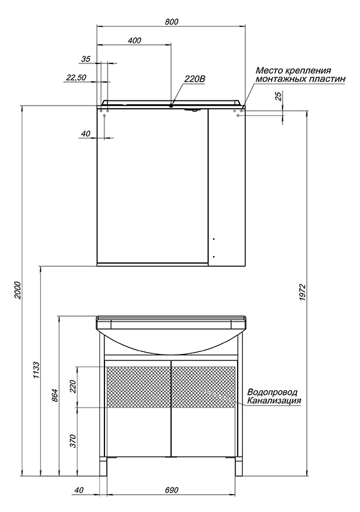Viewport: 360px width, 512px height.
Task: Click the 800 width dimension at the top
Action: pyautogui.click(x=172, y=22)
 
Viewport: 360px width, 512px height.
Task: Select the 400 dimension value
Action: pyautogui.click(x=135, y=40)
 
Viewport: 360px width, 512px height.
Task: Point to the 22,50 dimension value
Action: pyautogui.click(x=76, y=77)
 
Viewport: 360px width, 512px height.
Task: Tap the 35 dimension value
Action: pyautogui.click(x=86, y=59)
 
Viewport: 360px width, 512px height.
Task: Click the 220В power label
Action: pyautogui.click(x=195, y=79)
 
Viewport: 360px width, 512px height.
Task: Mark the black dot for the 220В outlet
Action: pyautogui.click(x=171, y=106)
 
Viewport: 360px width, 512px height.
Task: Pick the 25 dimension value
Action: pyautogui.click(x=279, y=96)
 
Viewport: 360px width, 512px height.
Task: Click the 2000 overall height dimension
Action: pyautogui.click(x=18, y=291)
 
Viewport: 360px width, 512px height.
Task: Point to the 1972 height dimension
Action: pyautogui.click(x=302, y=292)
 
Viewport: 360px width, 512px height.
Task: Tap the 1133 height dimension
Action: pyautogui.click(x=37, y=371)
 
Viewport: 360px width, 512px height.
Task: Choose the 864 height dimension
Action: pyautogui.click(x=55, y=396)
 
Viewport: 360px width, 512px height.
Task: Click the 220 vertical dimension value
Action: pyautogui.click(x=73, y=387)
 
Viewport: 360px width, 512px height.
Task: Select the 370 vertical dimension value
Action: pyautogui.click(x=73, y=441)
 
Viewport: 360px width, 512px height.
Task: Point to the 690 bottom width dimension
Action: pyautogui.click(x=172, y=490)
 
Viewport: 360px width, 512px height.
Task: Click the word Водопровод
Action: pyautogui.click(x=272, y=392)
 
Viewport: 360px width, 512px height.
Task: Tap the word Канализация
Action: pyautogui.click(x=274, y=401)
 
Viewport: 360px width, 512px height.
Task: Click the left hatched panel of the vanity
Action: pyautogui.click(x=138, y=387)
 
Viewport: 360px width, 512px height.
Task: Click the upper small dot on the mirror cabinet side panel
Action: pyautogui.click(x=214, y=239)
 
